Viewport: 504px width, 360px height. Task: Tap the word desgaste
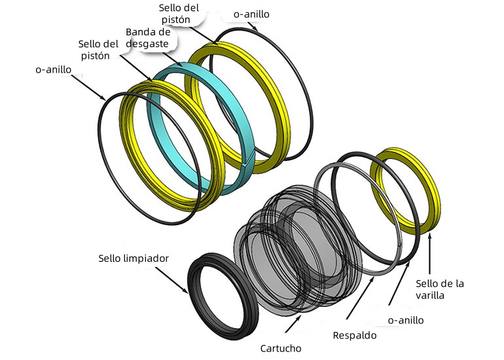[x=147, y=44]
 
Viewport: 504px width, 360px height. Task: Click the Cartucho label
[x=281, y=348]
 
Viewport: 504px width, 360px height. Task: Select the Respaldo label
[x=355, y=336]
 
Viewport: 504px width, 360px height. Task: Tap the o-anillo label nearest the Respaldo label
[x=406, y=321]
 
